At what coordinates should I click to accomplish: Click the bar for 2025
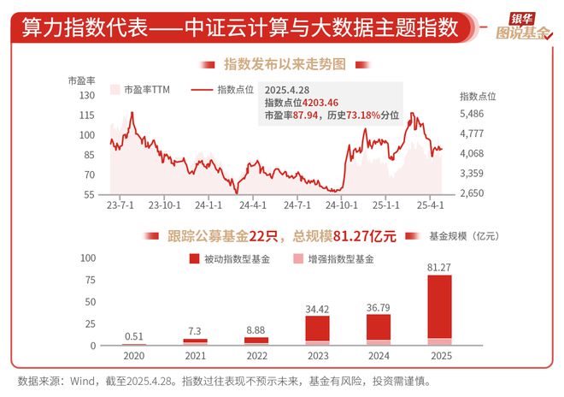coord(439,310)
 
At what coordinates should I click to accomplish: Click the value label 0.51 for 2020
coord(133,336)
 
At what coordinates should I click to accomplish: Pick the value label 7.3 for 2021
coord(195,331)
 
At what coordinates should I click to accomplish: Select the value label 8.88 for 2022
coord(256,329)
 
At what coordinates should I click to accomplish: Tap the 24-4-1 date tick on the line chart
coord(254,205)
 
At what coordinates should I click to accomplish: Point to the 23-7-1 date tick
coord(120,205)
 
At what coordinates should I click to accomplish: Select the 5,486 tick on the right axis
coord(472,114)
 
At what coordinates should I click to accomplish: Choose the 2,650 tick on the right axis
coord(472,194)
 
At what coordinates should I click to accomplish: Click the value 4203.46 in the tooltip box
coord(320,102)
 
